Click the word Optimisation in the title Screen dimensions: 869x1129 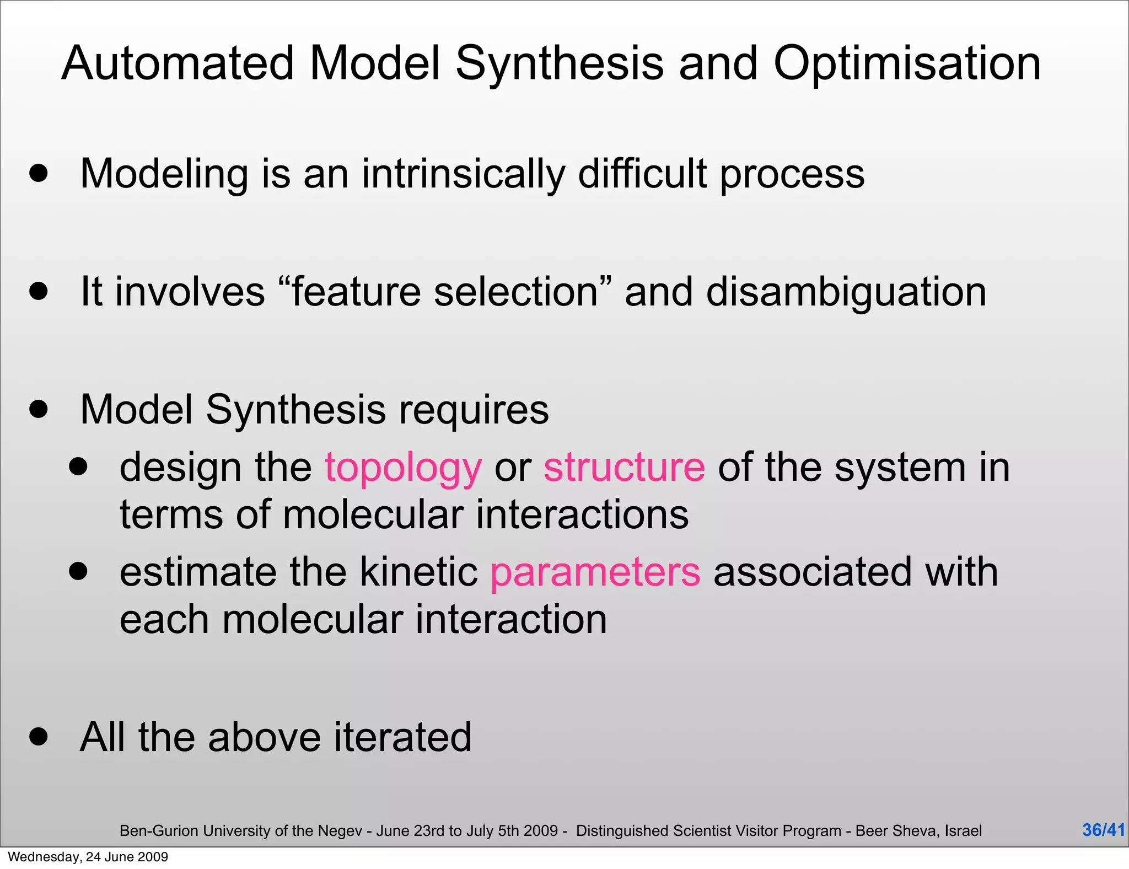pyautogui.click(x=907, y=64)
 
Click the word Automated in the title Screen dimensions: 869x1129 pyautogui.click(x=178, y=64)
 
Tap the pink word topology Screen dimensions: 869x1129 pyautogui.click(x=403, y=468)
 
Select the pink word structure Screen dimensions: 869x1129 pyautogui.click(x=624, y=468)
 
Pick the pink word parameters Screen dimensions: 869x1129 pyautogui.click(x=595, y=572)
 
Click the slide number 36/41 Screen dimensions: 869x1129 pyautogui.click(x=1103, y=830)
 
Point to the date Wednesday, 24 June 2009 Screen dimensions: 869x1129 pyautogui.click(x=88, y=857)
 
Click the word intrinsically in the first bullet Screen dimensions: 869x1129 pyautogui.click(x=463, y=174)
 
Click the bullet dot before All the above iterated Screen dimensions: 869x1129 pyautogui.click(x=39, y=736)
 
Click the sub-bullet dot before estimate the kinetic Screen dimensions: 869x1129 pyautogui.click(x=78, y=571)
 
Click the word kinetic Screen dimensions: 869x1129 pyautogui.click(x=418, y=572)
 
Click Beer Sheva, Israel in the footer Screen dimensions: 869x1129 pyautogui.click(x=918, y=830)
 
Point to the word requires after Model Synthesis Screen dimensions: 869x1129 pyautogui.click(x=474, y=410)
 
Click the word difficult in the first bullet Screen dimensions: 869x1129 pyautogui.click(x=642, y=174)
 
